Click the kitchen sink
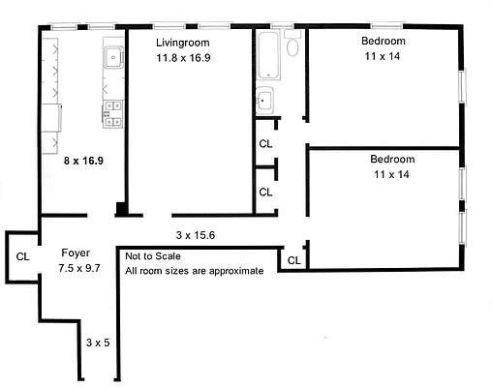112,57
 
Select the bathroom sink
264,100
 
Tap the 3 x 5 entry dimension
98,342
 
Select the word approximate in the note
233,271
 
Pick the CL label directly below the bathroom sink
265,144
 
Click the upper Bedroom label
384,42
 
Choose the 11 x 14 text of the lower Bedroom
391,174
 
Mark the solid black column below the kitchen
120,209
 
